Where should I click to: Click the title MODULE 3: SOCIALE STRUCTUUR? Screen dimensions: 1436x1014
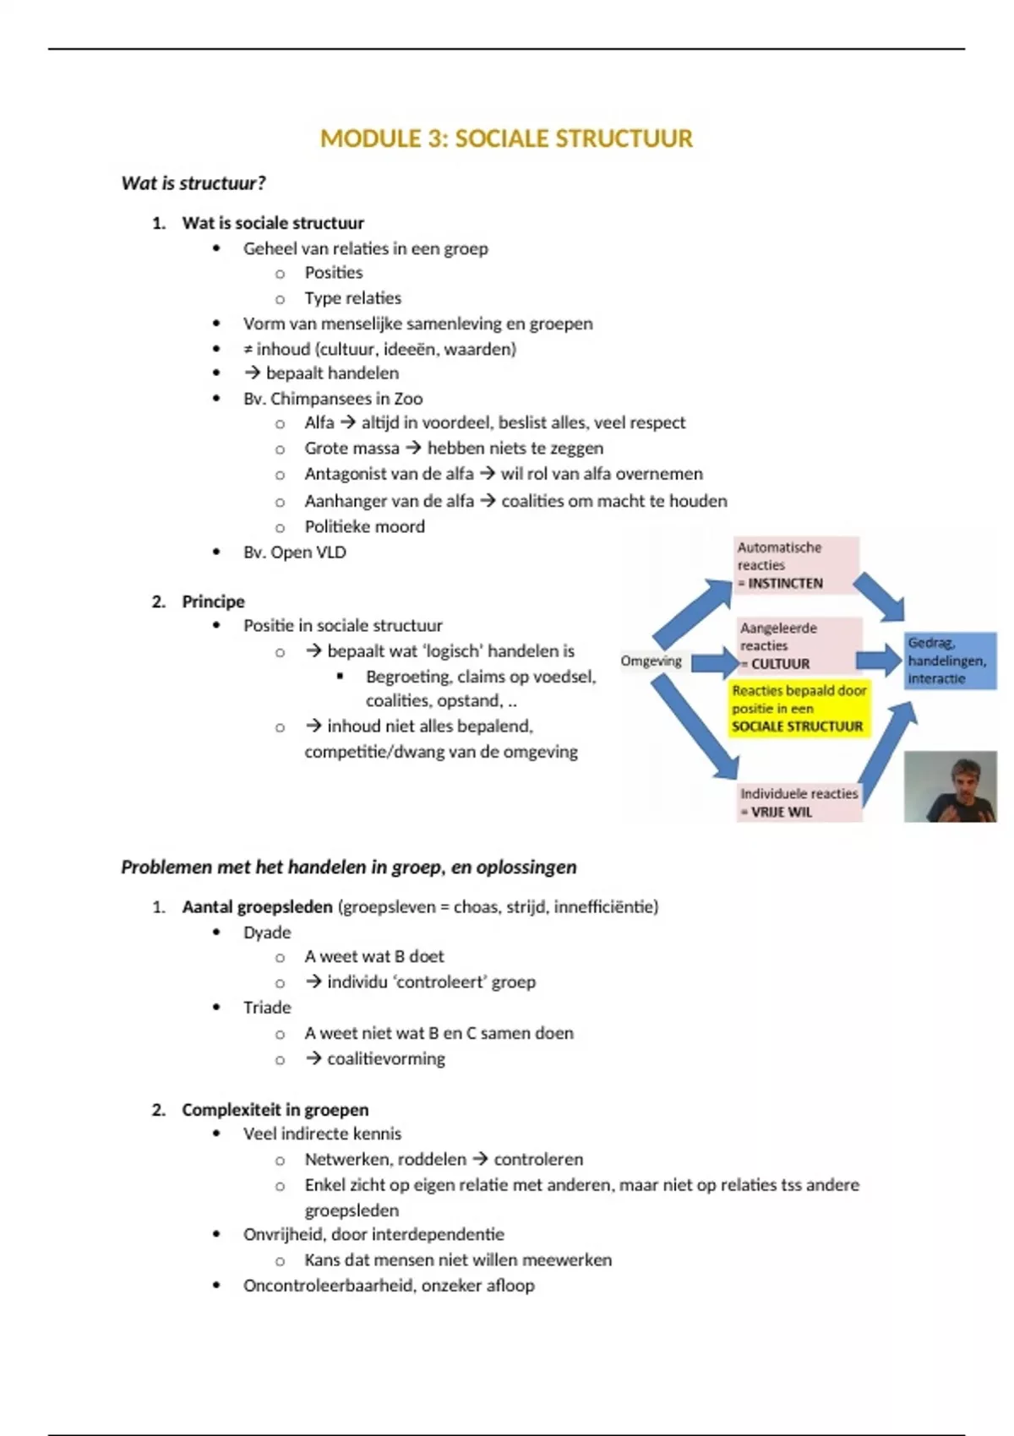(506, 139)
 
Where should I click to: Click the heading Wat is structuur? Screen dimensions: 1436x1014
(194, 183)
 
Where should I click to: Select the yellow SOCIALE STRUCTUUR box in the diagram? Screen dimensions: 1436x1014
(799, 709)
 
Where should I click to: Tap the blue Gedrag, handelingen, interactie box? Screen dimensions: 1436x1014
(950, 661)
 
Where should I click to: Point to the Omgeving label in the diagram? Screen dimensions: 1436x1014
(651, 661)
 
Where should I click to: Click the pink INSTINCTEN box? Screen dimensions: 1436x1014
(795, 565)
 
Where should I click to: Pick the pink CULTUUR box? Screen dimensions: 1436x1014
(799, 645)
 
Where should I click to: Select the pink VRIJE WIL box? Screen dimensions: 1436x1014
(799, 802)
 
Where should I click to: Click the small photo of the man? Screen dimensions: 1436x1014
(950, 787)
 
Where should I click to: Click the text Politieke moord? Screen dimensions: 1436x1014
(364, 526)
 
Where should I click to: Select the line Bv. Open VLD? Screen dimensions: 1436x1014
(294, 552)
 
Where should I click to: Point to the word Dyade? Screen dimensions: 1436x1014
(267, 933)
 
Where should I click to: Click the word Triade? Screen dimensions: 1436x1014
(267, 1008)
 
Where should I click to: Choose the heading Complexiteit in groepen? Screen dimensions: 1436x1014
(275, 1110)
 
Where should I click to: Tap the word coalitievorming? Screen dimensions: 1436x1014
(385, 1059)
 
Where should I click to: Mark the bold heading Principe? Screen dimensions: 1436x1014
(213, 601)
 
